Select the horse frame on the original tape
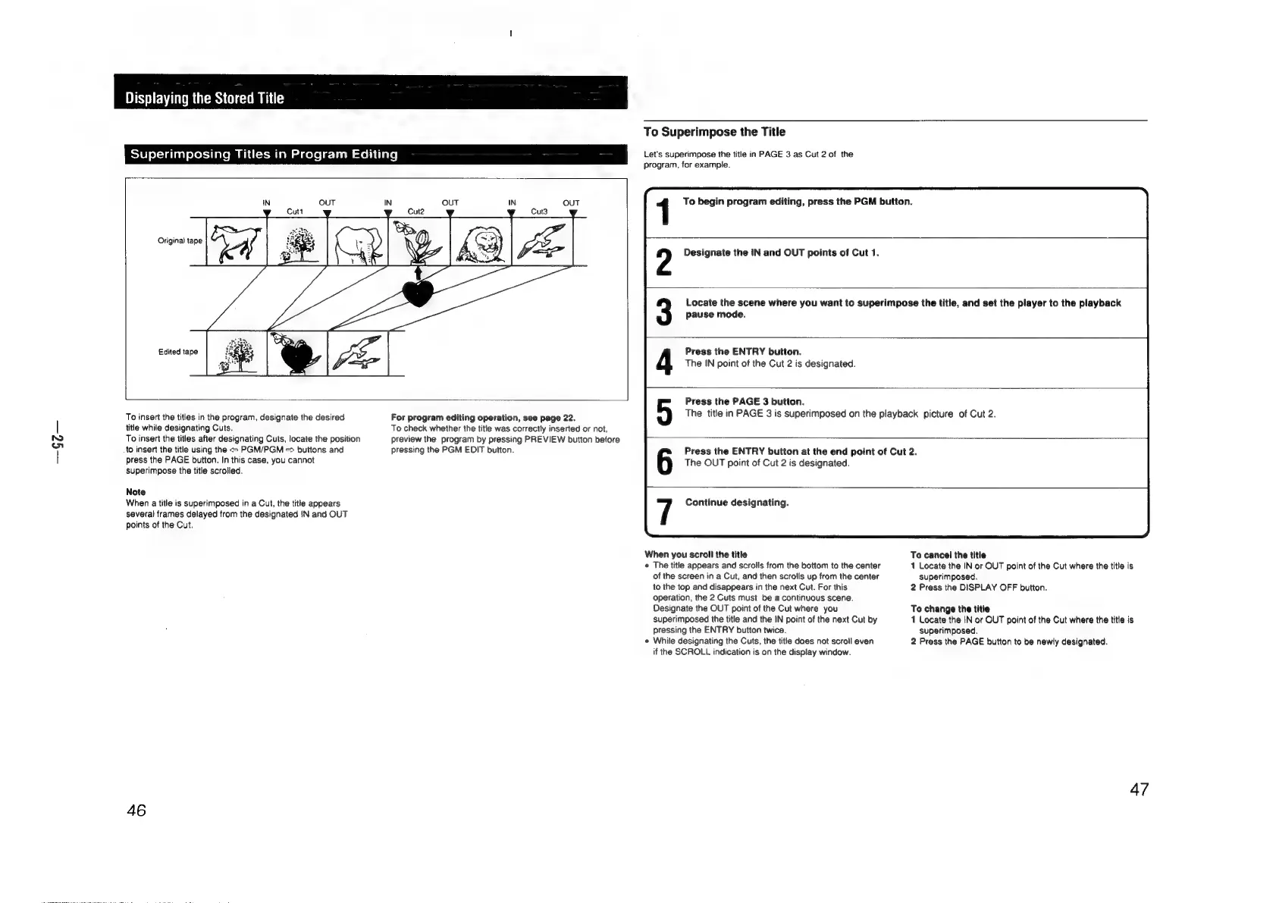tap(236, 242)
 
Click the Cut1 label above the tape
tap(296, 212)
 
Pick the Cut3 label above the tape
tap(539, 212)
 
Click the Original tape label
tap(180, 241)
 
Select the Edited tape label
tap(178, 352)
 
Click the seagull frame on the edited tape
tap(358, 353)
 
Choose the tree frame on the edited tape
tap(236, 353)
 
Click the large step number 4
tap(664, 362)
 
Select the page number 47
tap(1139, 790)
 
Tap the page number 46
tap(136, 810)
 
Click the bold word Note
tap(136, 492)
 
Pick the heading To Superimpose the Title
tap(714, 132)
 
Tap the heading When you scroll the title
tap(695, 555)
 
